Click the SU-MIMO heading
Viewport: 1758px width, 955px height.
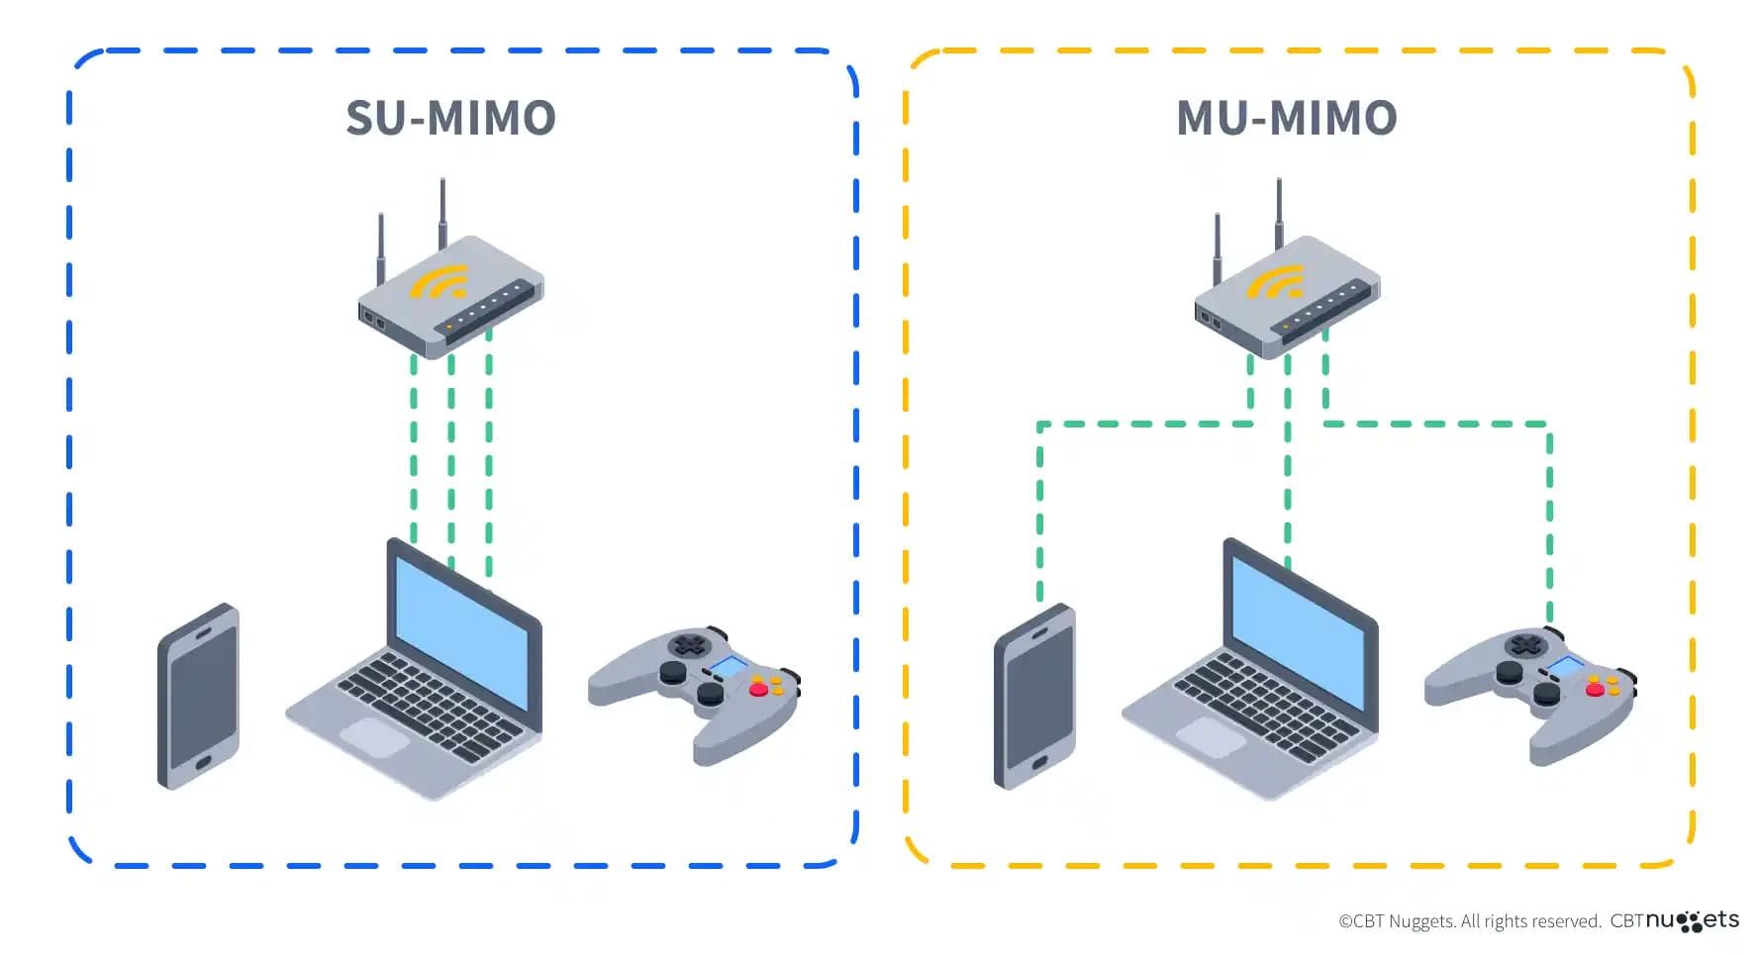(450, 118)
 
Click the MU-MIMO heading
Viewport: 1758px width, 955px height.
(1286, 118)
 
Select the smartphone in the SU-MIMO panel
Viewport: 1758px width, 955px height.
(199, 697)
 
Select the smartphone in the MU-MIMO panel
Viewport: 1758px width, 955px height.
(1035, 697)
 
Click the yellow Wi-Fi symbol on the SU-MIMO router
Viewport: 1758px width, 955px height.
(439, 282)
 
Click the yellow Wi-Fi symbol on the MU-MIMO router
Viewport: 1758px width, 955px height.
(1276, 282)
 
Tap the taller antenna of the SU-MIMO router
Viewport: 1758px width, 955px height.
(442, 212)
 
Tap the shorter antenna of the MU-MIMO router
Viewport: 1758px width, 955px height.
(1217, 247)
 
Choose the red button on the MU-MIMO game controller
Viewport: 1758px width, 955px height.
(1594, 690)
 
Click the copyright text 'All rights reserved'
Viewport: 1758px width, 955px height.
(1530, 921)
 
